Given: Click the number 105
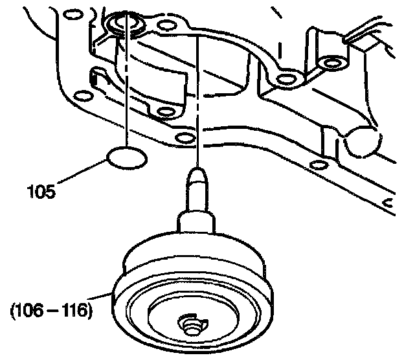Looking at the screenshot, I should click(41, 192).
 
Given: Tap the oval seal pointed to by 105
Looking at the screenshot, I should click(127, 159).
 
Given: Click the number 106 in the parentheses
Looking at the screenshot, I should click(36, 309).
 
